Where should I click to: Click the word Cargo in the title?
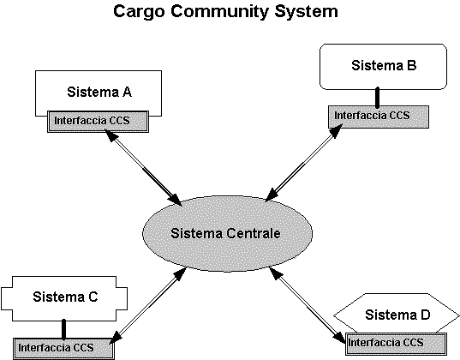coord(140,12)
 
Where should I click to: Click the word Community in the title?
coord(220,12)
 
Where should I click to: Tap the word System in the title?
coord(307,12)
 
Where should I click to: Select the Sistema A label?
coord(99,92)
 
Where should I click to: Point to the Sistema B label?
coord(384,65)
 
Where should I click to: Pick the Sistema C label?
coord(65,297)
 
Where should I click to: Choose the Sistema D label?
coord(397,315)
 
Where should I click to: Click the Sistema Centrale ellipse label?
coord(225,233)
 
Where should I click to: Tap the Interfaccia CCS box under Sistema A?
coord(98,122)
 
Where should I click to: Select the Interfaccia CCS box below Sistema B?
coord(379,117)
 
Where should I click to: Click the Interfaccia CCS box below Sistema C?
coord(63,349)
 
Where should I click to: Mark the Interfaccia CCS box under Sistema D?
coord(396,344)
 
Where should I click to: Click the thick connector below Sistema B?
coord(378,98)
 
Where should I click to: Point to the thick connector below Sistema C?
coord(64,329)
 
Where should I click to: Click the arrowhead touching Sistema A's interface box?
coord(111,136)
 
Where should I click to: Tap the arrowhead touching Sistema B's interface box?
coord(336,130)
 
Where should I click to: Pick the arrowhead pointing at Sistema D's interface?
coord(339,337)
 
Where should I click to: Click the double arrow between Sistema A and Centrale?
coord(143,168)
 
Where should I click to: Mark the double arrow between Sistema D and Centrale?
coord(308,305)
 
